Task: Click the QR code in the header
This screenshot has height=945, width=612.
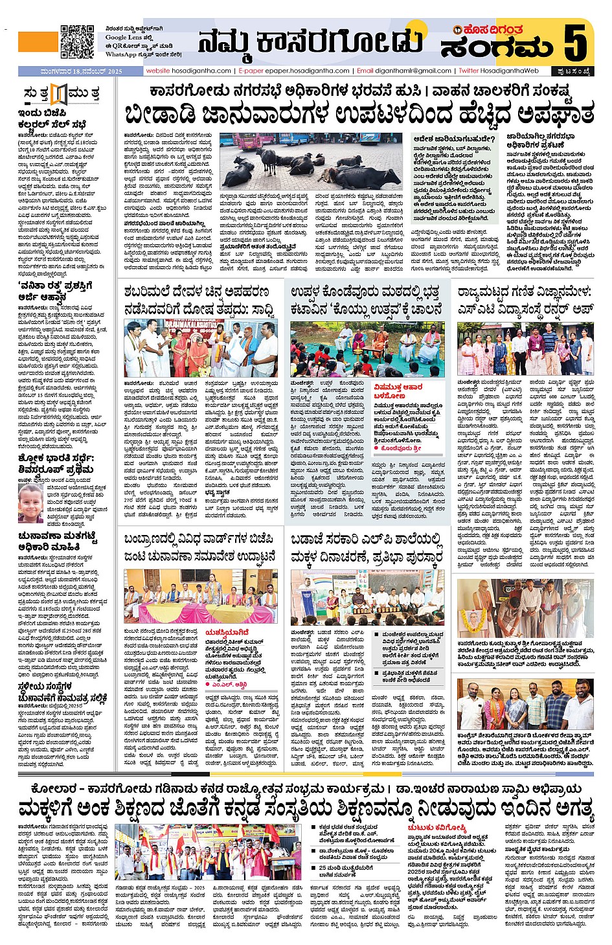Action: click(x=76, y=42)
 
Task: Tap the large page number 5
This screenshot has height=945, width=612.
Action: click(x=575, y=42)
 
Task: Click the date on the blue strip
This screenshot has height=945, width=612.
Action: click(x=71, y=71)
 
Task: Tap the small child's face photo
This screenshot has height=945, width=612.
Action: click(x=30, y=503)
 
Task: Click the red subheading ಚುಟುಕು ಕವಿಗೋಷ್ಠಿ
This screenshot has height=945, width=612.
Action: click(x=436, y=828)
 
